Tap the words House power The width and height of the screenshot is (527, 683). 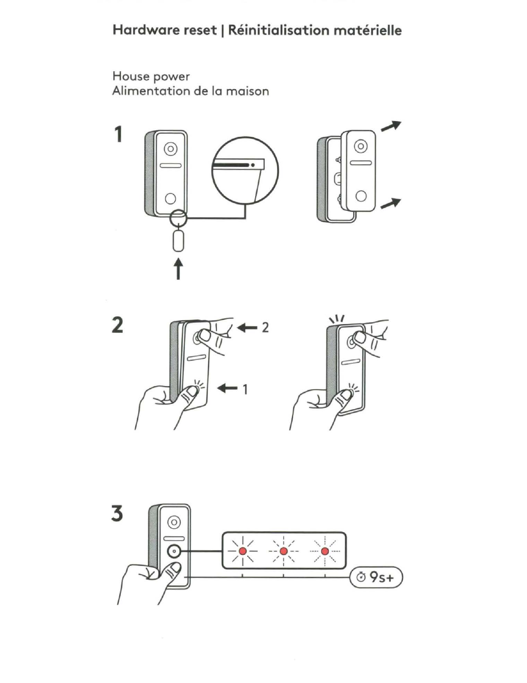(x=151, y=76)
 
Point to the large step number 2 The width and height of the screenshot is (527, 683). (x=117, y=325)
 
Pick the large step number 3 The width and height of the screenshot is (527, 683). (x=117, y=514)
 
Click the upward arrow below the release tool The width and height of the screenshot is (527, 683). (x=178, y=268)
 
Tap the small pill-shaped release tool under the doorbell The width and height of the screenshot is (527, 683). (x=178, y=241)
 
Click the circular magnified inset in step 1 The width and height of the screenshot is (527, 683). (x=245, y=171)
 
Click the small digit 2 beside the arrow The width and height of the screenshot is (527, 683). (x=265, y=328)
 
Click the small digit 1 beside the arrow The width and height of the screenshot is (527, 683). (x=245, y=389)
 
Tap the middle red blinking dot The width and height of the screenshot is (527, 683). (x=283, y=551)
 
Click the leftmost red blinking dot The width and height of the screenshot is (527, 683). (x=242, y=551)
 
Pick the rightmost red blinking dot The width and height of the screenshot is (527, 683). (x=325, y=551)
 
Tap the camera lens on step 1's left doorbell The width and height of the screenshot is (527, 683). (x=170, y=149)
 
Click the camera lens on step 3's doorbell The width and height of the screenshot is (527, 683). (x=174, y=522)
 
